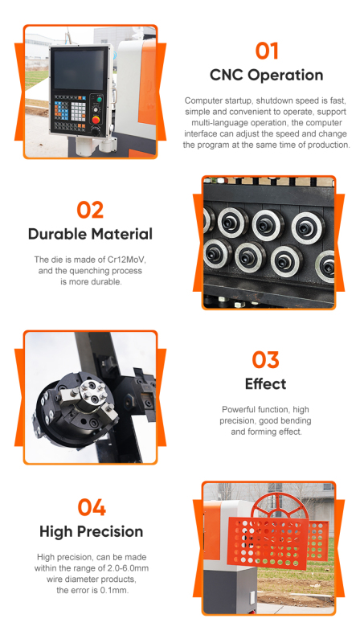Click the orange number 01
tap(267, 51)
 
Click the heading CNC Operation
tap(267, 75)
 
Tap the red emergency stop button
tap(96, 120)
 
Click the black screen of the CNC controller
tap(79, 69)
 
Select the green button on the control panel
tap(98, 100)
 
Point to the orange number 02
tap(90, 210)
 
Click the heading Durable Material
tap(90, 234)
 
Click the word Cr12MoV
tap(127, 260)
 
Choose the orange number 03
tap(266, 359)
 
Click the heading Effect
tap(266, 384)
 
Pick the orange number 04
tap(92, 507)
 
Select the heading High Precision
tap(91, 532)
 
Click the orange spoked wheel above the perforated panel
tap(279, 506)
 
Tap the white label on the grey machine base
tap(252, 596)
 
